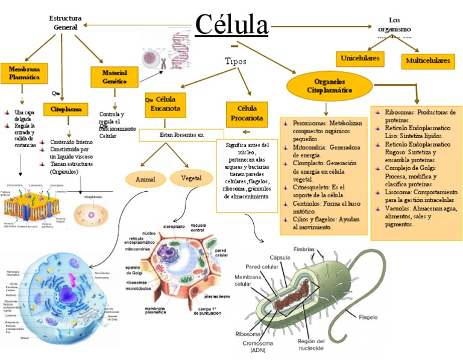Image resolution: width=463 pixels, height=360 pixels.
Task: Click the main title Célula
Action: [232, 25]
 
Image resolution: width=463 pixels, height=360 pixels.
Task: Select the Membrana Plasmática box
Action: [24, 74]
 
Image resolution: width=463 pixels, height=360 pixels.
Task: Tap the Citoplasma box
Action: [66, 110]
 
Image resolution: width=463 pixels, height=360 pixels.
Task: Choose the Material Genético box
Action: [114, 77]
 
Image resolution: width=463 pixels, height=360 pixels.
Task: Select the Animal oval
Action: [145, 180]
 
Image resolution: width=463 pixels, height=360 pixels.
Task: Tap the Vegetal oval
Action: [191, 178]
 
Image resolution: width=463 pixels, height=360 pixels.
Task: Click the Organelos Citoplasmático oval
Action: [329, 86]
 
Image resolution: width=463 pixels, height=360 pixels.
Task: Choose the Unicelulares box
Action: [360, 58]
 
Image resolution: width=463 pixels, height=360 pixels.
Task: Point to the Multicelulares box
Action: [428, 61]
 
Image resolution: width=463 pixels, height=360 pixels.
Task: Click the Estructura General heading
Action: [65, 23]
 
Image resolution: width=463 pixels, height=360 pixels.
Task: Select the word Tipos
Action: [235, 61]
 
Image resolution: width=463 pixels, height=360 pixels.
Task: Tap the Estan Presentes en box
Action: [181, 134]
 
